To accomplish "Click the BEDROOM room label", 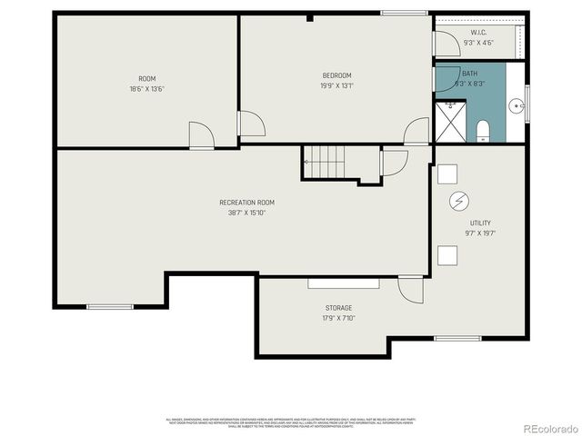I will pyautogui.click(x=336, y=75).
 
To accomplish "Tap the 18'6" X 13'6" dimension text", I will pyautogui.click(x=146, y=88).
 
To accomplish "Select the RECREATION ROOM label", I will pyautogui.click(x=246, y=203).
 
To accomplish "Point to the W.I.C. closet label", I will pyautogui.click(x=477, y=33).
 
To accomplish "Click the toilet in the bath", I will pyautogui.click(x=483, y=130).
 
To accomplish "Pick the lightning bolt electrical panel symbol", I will pyautogui.click(x=459, y=200).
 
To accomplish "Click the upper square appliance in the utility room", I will pyautogui.click(x=447, y=173).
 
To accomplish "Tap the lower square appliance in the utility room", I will pyautogui.click(x=447, y=255).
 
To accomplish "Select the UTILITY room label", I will pyautogui.click(x=481, y=223).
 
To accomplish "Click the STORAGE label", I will pyautogui.click(x=338, y=308).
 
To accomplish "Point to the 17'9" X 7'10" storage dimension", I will pyautogui.click(x=338, y=318).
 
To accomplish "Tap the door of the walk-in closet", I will pyautogui.click(x=446, y=43).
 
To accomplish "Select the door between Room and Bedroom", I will pyautogui.click(x=249, y=124).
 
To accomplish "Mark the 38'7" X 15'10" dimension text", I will pyautogui.click(x=246, y=213).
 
